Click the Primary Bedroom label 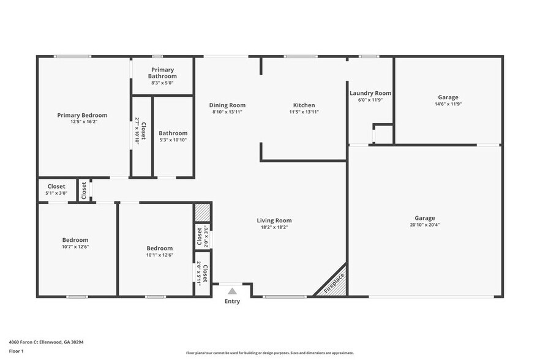(x=82, y=115)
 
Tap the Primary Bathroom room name (x=163, y=73)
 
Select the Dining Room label (x=227, y=105)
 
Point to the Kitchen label (x=304, y=105)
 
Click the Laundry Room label (x=370, y=93)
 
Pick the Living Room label (x=274, y=220)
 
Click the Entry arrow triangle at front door (x=232, y=291)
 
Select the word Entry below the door (x=232, y=301)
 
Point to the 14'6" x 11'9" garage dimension (x=448, y=104)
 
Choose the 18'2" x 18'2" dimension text (x=274, y=227)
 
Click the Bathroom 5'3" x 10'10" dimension (x=173, y=140)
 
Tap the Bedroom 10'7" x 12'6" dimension (x=75, y=247)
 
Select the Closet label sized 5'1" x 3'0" (x=56, y=186)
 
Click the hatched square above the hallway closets (x=202, y=212)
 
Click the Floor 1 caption (x=16, y=351)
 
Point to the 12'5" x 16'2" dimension (x=82, y=122)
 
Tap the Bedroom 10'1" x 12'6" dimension (x=159, y=255)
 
